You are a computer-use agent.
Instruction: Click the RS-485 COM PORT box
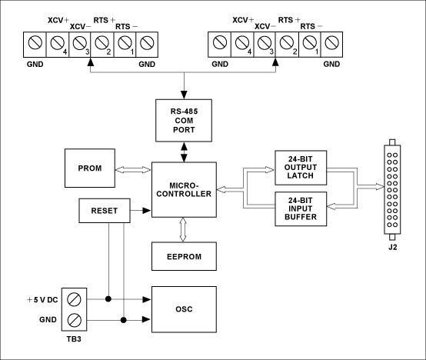(184, 120)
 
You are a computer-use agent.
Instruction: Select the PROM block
(90, 168)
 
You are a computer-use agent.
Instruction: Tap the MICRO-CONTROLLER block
(184, 190)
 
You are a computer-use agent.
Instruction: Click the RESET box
(105, 211)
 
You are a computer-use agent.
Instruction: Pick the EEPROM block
(184, 256)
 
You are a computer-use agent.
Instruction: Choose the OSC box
(184, 309)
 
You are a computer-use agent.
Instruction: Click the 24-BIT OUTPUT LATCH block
(301, 168)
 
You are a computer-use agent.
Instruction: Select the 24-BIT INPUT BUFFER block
(301, 209)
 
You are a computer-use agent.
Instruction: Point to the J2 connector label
(393, 247)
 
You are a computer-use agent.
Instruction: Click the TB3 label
(74, 339)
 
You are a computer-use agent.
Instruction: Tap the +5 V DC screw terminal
(74, 299)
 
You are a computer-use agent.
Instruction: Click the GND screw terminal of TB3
(74, 320)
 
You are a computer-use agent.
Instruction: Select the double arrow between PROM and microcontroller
(133, 170)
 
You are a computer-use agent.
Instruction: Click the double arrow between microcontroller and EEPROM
(183, 229)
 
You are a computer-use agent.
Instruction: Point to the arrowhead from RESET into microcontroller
(147, 210)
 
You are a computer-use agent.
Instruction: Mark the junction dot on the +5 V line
(108, 299)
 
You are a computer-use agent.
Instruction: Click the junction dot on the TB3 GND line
(124, 320)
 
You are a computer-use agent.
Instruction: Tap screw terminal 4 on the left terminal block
(58, 45)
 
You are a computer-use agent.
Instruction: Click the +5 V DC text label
(42, 300)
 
